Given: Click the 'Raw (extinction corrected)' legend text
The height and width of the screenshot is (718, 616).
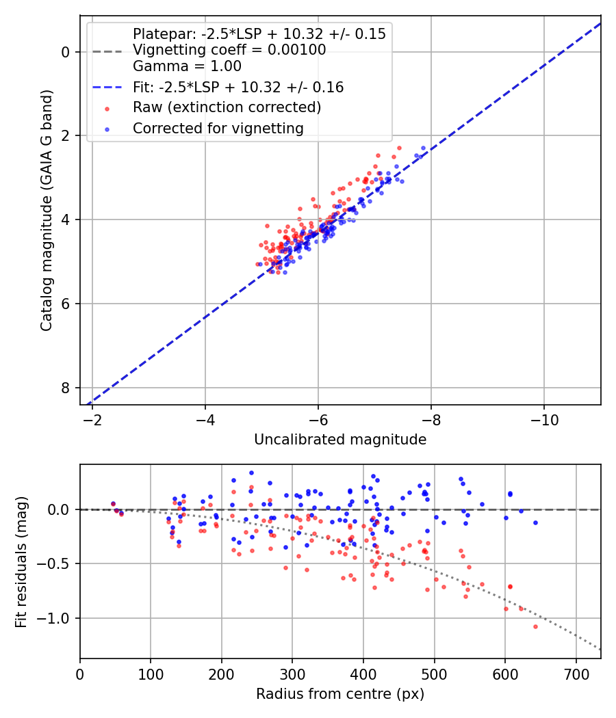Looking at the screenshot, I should (x=227, y=107).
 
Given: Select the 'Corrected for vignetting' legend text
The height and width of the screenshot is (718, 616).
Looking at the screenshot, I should (x=218, y=128).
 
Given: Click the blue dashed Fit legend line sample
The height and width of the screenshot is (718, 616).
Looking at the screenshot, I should (x=107, y=88).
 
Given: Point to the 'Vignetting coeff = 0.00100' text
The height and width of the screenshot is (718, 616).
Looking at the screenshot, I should (x=229, y=50).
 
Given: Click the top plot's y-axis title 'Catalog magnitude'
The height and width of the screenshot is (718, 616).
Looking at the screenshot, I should (x=47, y=209).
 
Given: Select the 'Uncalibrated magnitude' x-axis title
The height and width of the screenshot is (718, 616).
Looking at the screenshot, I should (x=340, y=440).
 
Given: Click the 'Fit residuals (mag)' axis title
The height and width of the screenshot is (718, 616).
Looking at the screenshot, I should (x=21, y=562).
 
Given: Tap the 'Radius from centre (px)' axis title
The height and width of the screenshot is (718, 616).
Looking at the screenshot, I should (x=340, y=694).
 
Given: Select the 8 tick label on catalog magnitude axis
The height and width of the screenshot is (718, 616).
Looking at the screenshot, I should (x=66, y=388).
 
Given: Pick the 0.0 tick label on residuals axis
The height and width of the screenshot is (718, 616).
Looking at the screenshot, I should (x=62, y=509).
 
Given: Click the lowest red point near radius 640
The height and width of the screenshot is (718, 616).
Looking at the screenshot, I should (x=535, y=626).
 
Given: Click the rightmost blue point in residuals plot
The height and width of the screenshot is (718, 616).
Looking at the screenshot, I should (x=535, y=522).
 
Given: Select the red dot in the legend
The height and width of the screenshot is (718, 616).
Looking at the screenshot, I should (x=107, y=108).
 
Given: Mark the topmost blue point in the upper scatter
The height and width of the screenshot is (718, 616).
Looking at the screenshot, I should (x=423, y=148).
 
